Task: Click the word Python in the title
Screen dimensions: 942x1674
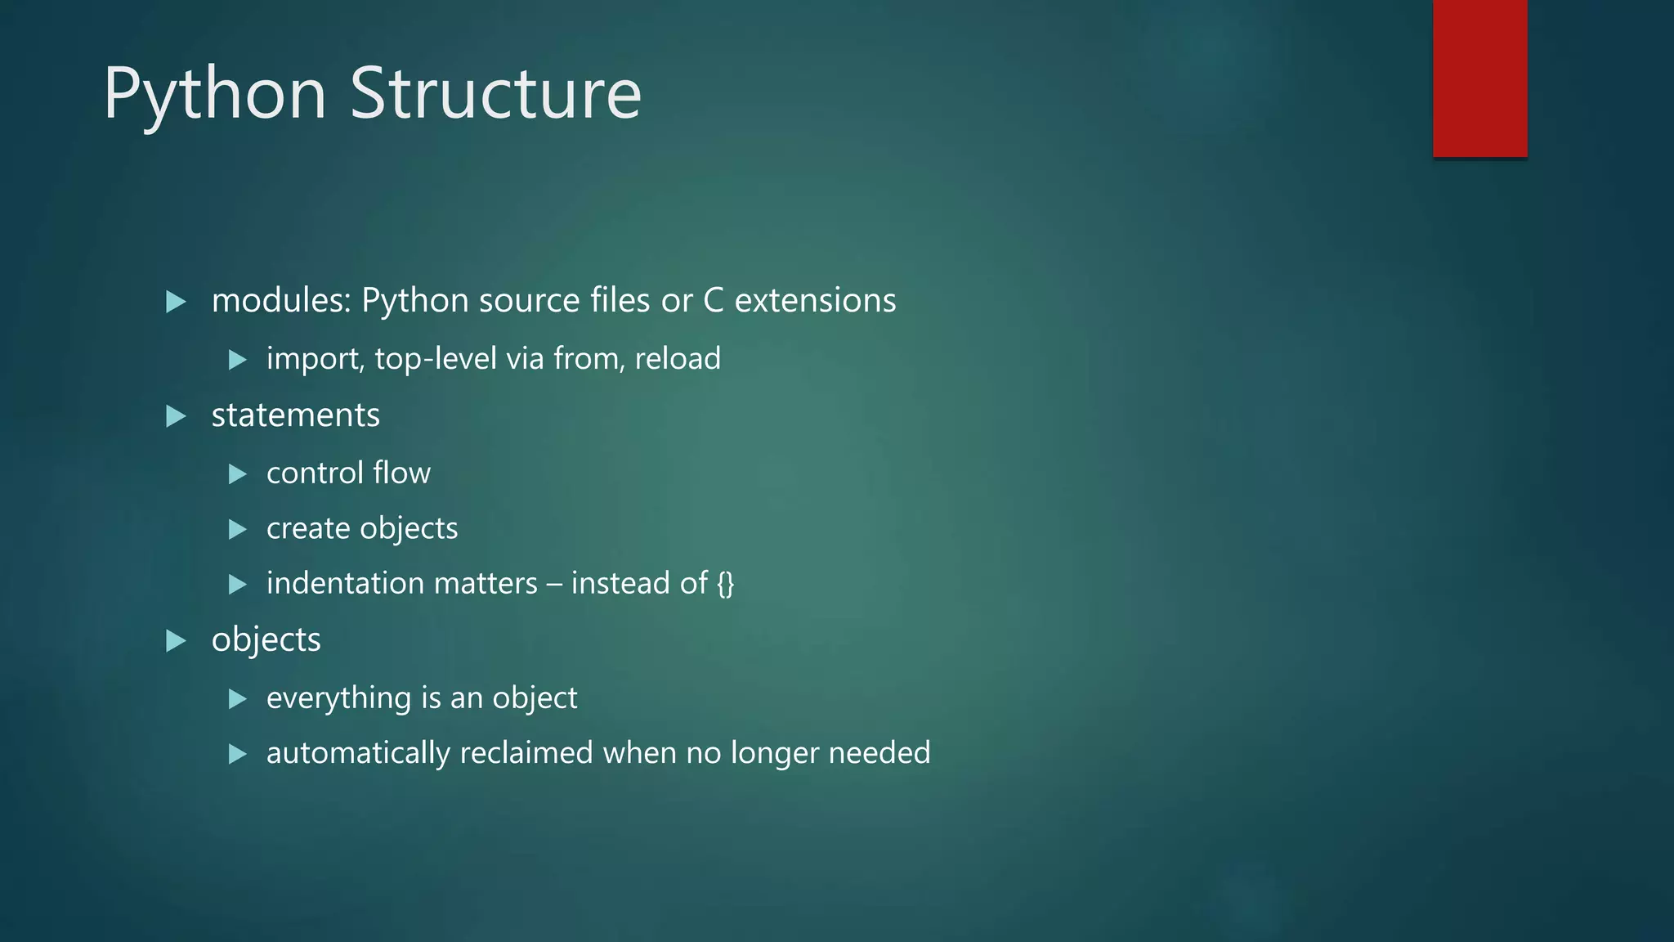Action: click(214, 95)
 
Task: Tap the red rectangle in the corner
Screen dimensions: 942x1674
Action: click(1479, 78)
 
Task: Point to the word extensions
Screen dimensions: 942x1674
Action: click(815, 301)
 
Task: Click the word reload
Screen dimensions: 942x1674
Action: click(678, 359)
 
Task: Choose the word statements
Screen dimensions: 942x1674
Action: click(295, 415)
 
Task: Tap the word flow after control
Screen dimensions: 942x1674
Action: click(401, 473)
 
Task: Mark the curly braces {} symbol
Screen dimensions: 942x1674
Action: click(725, 584)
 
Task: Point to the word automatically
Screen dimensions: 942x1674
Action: click(358, 753)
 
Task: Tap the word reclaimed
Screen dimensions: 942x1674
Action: click(526, 753)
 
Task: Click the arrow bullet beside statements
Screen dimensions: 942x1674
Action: click(176, 416)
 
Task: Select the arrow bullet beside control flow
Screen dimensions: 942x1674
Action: click(238, 473)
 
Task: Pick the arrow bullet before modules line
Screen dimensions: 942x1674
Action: click(176, 302)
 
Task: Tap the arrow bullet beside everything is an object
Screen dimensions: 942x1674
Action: click(238, 698)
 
